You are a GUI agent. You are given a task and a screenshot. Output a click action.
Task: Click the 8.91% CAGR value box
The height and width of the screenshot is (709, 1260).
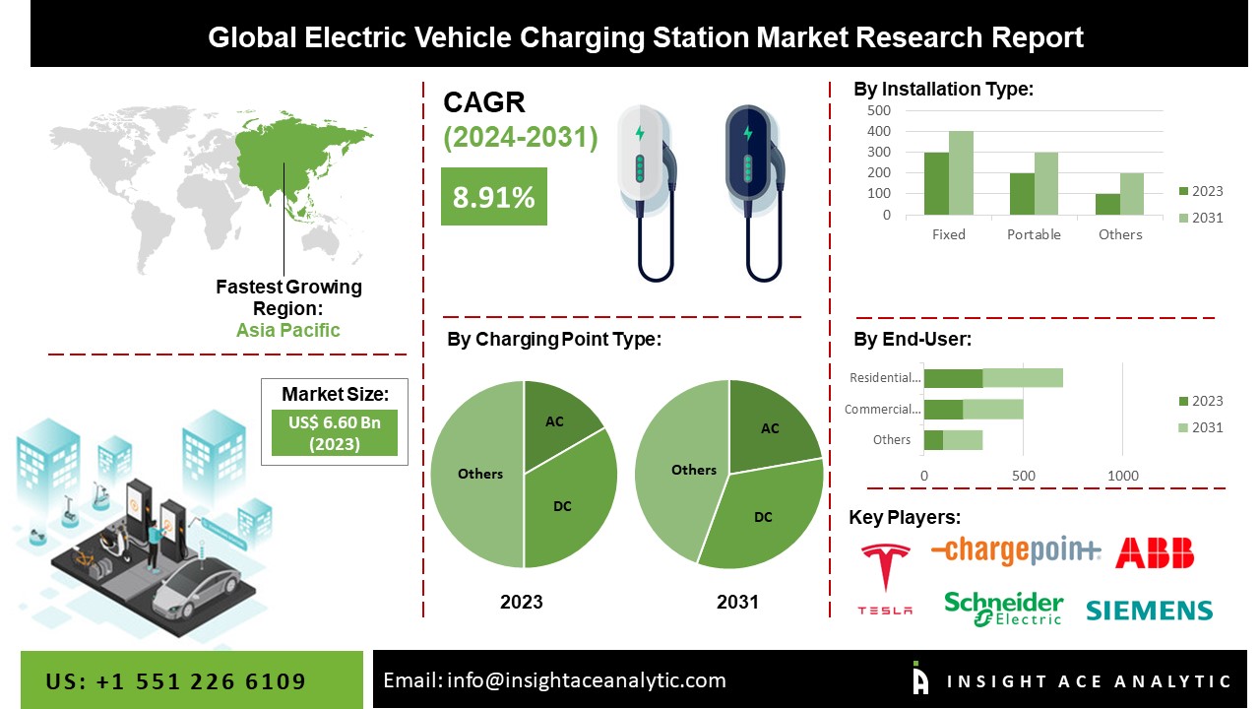click(493, 197)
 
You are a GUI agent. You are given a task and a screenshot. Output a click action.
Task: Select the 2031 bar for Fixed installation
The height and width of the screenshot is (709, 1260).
click(961, 173)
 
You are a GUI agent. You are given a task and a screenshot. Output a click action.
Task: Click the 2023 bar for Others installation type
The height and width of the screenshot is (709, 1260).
click(1107, 204)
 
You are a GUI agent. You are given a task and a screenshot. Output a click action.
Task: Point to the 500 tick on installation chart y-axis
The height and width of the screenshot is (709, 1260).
click(879, 110)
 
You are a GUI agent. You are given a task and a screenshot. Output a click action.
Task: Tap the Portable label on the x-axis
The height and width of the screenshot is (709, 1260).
click(1034, 234)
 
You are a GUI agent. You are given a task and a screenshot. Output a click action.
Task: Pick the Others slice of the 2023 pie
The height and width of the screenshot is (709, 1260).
click(477, 474)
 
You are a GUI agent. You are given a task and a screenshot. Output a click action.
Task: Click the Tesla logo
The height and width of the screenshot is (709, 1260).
click(885, 578)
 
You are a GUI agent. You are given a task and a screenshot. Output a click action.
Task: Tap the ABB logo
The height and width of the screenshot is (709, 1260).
click(1154, 552)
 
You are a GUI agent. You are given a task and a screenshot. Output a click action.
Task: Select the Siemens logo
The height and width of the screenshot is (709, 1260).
click(1149, 611)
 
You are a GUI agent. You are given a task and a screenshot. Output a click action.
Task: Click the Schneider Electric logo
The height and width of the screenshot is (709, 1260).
click(1003, 609)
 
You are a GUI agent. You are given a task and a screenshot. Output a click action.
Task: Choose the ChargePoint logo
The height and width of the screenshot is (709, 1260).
click(1015, 551)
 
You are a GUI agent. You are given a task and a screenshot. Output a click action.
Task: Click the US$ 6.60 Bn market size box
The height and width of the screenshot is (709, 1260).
click(335, 432)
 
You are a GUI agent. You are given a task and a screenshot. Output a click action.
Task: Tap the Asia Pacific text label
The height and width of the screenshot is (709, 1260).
click(287, 330)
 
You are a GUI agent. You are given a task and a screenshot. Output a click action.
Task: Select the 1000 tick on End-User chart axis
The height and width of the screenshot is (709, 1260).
click(1123, 476)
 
